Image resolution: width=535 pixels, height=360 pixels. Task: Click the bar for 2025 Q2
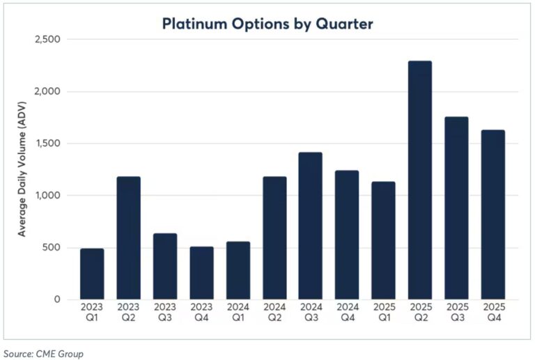point(419,180)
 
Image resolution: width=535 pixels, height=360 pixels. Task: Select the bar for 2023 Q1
point(92,274)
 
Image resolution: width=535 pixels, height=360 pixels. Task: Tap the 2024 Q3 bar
point(310,226)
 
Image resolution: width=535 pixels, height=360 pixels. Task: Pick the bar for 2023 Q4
point(201,273)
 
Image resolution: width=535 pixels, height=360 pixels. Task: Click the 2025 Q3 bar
point(456,208)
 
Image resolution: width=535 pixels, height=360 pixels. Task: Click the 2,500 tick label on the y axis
point(47,40)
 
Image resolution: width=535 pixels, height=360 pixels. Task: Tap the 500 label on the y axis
point(52,248)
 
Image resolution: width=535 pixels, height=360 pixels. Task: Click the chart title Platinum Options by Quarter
point(267,24)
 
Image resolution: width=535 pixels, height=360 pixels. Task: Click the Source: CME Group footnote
point(42,353)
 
